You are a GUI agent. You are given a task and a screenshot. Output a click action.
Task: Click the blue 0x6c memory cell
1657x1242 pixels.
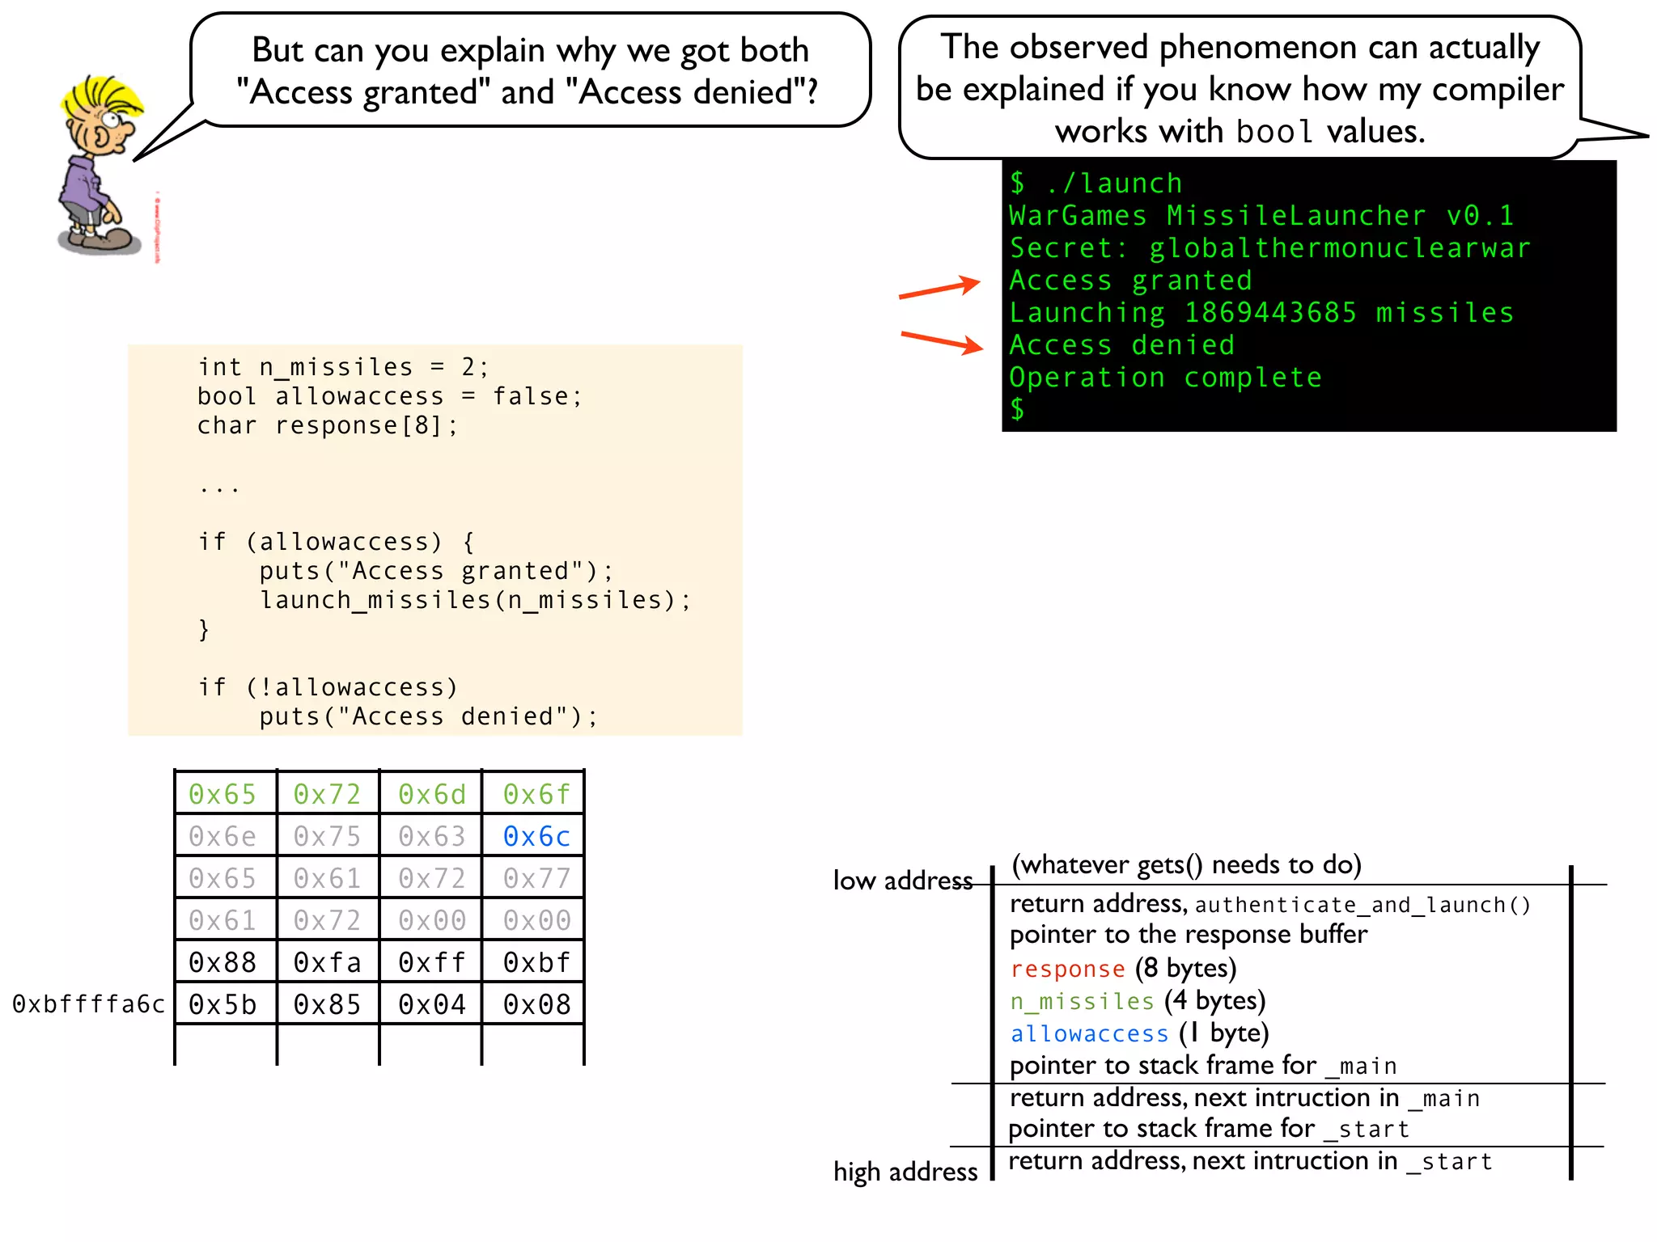[536, 836]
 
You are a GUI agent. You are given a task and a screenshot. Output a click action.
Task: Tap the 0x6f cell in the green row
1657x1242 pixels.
[536, 794]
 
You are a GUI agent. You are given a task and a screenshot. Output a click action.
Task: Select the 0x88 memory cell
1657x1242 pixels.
[222, 962]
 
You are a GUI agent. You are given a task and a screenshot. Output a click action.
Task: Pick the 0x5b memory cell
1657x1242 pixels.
[222, 1004]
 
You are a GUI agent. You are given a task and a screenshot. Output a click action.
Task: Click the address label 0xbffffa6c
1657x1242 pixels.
[88, 1004]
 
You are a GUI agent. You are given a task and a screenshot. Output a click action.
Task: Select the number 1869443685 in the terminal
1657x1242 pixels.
[1269, 313]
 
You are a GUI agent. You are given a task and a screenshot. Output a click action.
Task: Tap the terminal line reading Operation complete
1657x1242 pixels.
[1165, 378]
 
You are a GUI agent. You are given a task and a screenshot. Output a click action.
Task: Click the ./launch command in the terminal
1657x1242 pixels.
[1113, 184]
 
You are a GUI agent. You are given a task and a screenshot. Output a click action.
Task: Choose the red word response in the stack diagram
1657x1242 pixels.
[1067, 969]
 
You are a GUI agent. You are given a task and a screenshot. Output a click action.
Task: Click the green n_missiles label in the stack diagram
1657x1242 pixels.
[1082, 1002]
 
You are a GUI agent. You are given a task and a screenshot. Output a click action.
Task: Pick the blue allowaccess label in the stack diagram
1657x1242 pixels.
[1089, 1034]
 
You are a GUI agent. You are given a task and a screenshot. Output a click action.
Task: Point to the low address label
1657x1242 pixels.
[902, 881]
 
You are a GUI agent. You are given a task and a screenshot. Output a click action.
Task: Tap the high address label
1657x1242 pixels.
[905, 1172]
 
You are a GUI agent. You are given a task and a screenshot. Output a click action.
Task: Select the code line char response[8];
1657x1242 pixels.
[327, 425]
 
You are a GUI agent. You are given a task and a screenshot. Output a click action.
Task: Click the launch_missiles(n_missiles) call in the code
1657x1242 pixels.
[474, 600]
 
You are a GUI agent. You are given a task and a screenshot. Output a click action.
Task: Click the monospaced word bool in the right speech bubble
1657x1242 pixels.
[1273, 132]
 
